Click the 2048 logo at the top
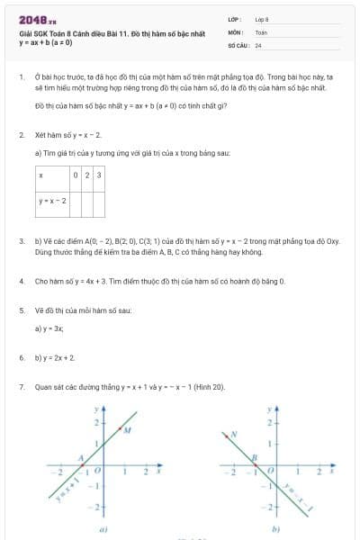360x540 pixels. [x=37, y=19]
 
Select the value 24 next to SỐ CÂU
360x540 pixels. [x=258, y=44]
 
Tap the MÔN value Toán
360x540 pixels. [x=261, y=31]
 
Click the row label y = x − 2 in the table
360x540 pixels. [x=52, y=201]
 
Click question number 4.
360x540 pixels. [x=21, y=281]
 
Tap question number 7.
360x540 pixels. [x=21, y=387]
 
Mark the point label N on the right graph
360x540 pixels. [x=233, y=433]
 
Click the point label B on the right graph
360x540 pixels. [x=255, y=457]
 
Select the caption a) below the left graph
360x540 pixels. [x=103, y=529]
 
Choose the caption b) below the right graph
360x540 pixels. [x=274, y=529]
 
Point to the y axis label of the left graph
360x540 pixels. [x=95, y=409]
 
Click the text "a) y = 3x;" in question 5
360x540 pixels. [x=49, y=329]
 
